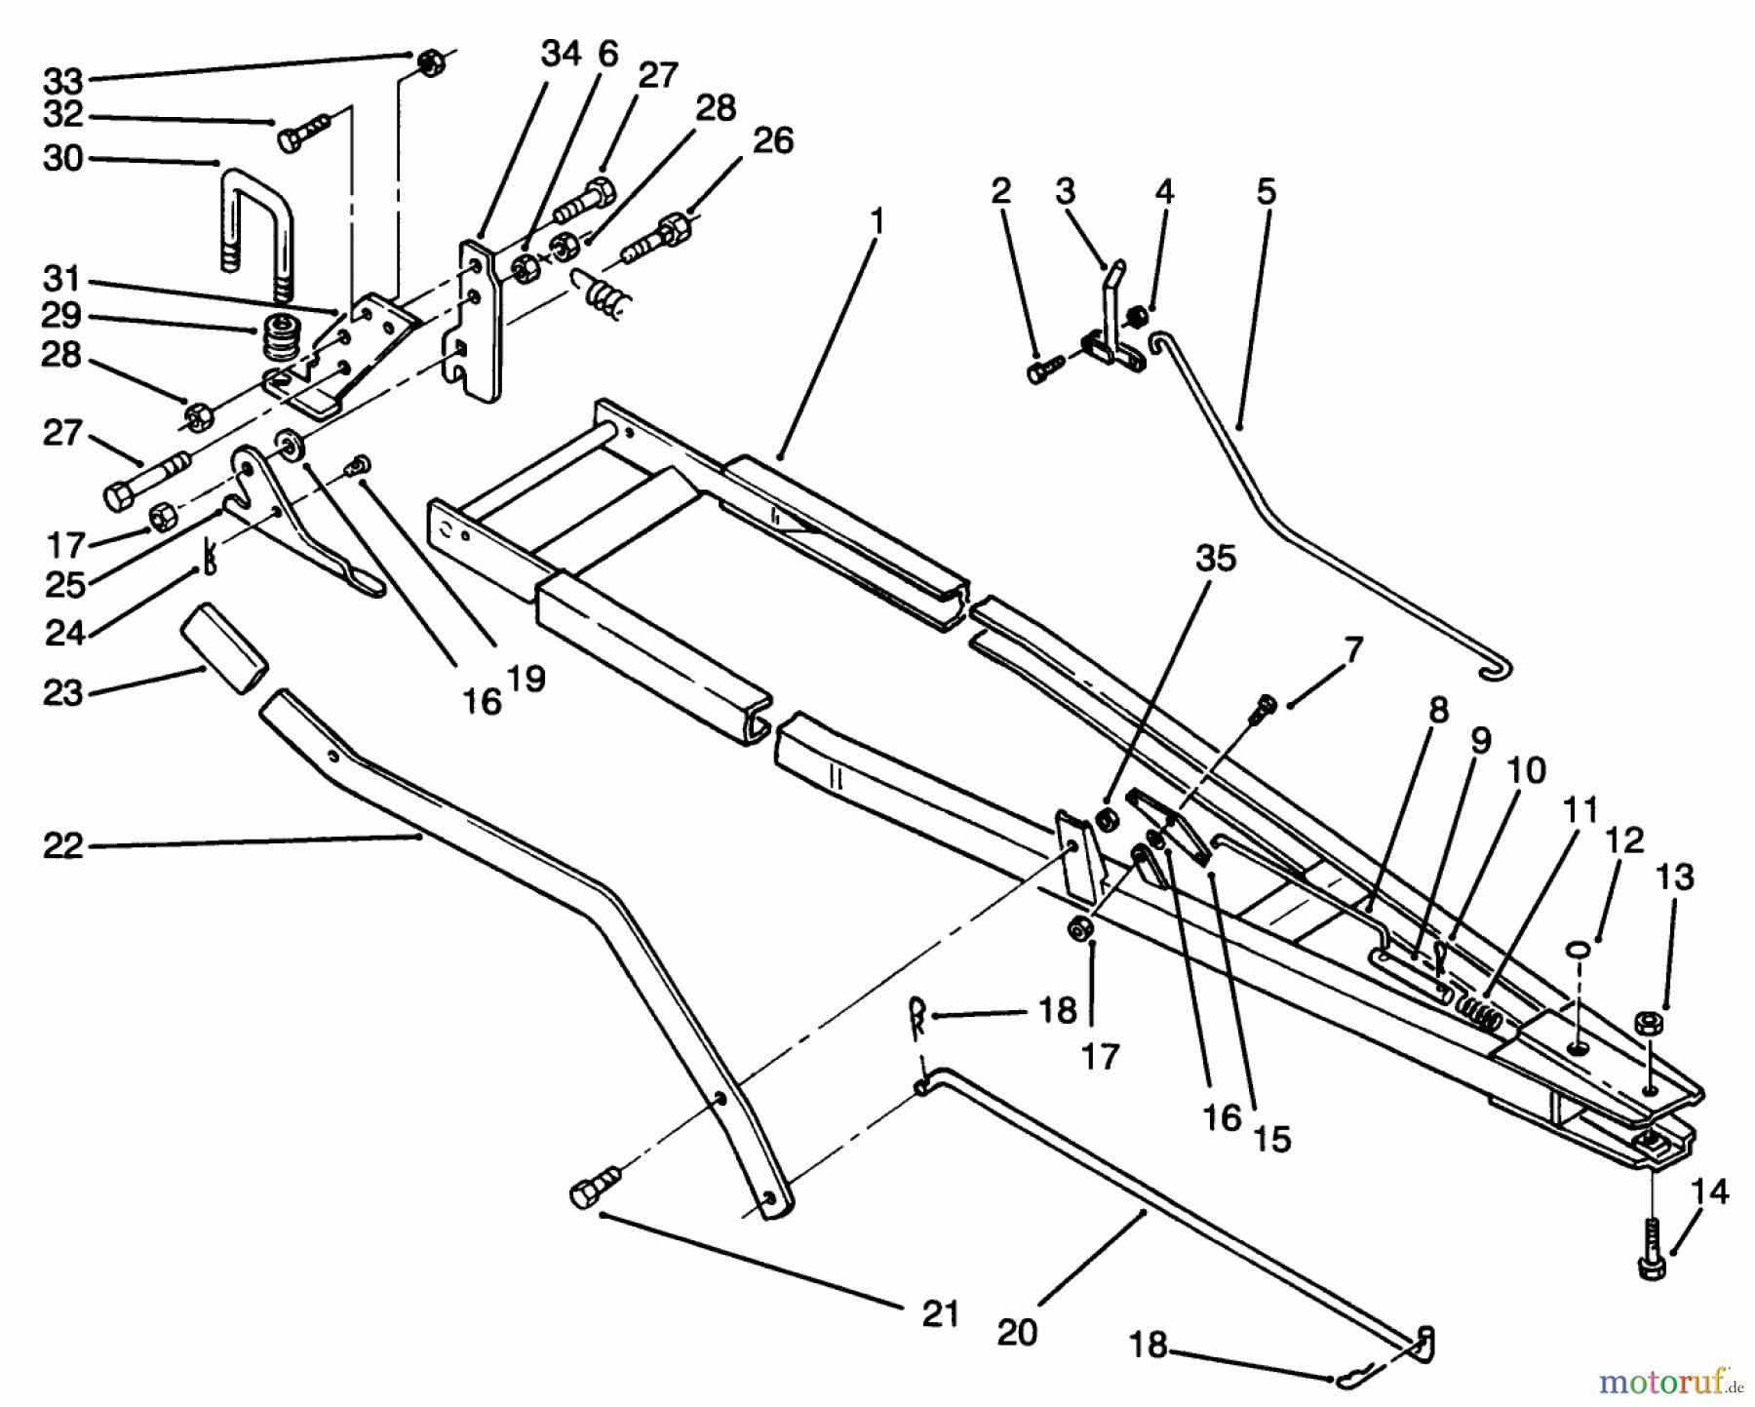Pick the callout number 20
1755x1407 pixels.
pyautogui.click(x=1017, y=1332)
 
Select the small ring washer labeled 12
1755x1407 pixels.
pyautogui.click(x=1579, y=948)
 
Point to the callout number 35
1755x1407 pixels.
pyautogui.click(x=1214, y=559)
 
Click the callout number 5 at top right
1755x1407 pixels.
pyautogui.click(x=1266, y=191)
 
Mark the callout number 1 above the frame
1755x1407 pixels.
pyautogui.click(x=877, y=223)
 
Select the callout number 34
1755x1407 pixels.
pyautogui.click(x=561, y=54)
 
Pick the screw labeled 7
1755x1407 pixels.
pyautogui.click(x=1266, y=706)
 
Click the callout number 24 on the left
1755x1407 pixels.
pyautogui.click(x=64, y=634)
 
